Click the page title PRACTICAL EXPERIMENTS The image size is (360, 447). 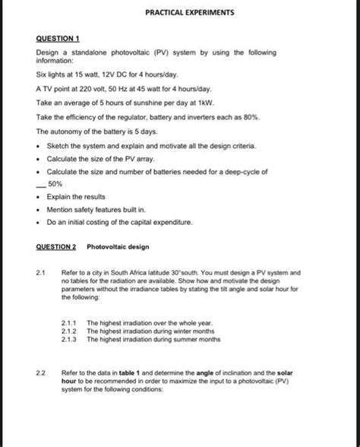(x=179, y=14)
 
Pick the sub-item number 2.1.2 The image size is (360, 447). (x=71, y=331)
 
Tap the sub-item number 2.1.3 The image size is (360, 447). (x=71, y=340)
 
